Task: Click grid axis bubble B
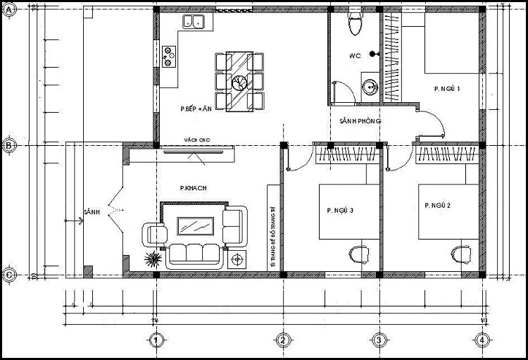(9, 146)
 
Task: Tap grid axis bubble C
(9, 275)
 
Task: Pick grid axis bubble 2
(282, 341)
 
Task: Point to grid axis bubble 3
(379, 341)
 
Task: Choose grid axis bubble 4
(482, 341)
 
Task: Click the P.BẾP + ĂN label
(196, 109)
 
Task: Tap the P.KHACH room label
(192, 189)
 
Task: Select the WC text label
(355, 56)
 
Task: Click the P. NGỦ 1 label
(447, 89)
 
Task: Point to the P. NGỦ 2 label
(437, 206)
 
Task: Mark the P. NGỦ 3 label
(339, 211)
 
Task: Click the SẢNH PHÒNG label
(359, 121)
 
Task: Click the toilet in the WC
(356, 24)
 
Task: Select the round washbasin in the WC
(370, 87)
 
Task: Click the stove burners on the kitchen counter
(170, 56)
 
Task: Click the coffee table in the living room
(196, 226)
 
